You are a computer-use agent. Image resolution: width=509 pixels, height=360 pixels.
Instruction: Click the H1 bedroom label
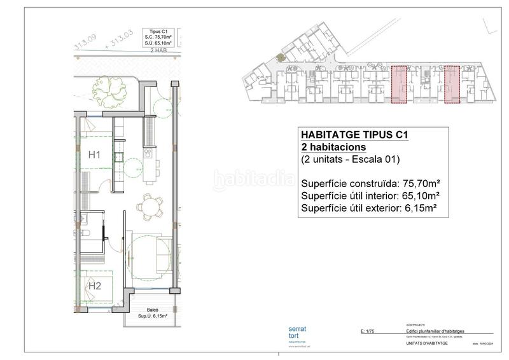pyautogui.click(x=95, y=155)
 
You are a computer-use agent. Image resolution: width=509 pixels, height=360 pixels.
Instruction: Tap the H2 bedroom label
pyautogui.click(x=95, y=286)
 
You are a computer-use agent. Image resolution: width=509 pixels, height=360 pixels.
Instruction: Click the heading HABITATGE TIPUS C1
pyautogui.click(x=353, y=135)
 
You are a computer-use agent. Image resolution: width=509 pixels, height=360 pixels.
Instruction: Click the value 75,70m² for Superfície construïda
pyautogui.click(x=420, y=183)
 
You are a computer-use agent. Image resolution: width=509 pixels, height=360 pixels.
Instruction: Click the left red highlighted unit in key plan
pyautogui.click(x=399, y=83)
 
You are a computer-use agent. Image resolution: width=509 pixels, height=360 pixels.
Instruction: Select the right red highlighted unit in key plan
pyautogui.click(x=452, y=83)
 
